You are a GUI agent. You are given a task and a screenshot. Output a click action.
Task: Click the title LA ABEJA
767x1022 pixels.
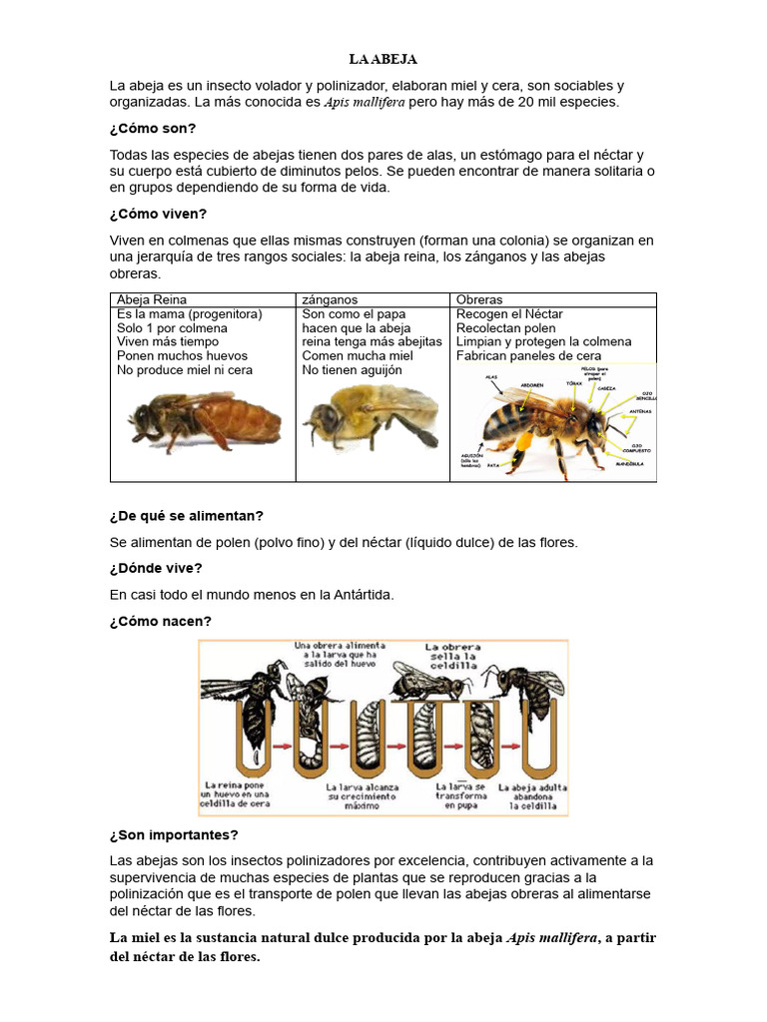(383, 60)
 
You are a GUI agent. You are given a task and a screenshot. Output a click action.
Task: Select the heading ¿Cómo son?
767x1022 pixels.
(153, 129)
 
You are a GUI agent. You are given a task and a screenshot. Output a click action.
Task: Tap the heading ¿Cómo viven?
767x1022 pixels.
(158, 214)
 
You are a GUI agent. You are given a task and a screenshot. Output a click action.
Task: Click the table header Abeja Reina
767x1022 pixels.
(152, 299)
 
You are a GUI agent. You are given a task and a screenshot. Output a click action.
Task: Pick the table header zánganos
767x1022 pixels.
(330, 299)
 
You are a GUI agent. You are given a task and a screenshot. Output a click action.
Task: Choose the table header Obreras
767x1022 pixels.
(479, 299)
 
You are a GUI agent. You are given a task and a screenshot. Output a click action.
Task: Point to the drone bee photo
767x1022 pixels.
(370, 417)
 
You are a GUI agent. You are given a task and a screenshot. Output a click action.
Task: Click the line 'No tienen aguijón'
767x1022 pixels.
(352, 369)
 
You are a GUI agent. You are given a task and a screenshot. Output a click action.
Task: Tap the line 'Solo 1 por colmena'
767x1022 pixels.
(172, 327)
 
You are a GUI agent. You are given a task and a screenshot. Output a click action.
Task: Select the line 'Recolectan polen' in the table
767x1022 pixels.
(505, 327)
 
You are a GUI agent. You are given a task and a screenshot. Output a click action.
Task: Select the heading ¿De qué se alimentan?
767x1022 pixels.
(187, 516)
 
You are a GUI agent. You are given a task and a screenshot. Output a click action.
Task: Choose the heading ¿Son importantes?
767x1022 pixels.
(174, 834)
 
